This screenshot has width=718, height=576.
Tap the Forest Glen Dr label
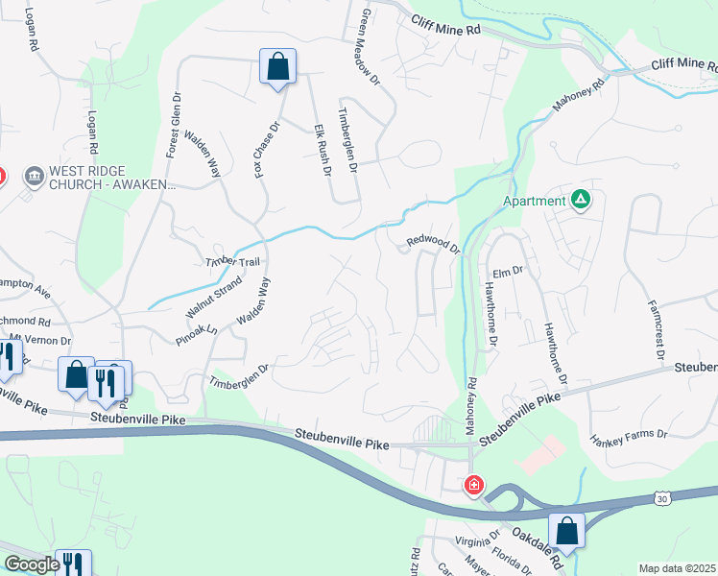(x=173, y=126)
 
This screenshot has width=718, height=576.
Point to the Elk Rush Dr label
(x=322, y=150)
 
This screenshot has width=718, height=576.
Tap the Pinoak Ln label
(x=197, y=332)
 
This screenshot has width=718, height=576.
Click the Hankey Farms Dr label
(x=630, y=435)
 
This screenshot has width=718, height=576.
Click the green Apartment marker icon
(x=580, y=200)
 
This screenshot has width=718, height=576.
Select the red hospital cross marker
(x=473, y=486)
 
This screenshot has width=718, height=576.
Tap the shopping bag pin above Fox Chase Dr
(x=277, y=67)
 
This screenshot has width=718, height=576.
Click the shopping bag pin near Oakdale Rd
(x=566, y=531)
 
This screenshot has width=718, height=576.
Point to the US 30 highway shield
(x=662, y=497)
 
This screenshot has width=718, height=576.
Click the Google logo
(x=31, y=564)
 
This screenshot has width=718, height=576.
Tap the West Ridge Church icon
(x=35, y=176)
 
